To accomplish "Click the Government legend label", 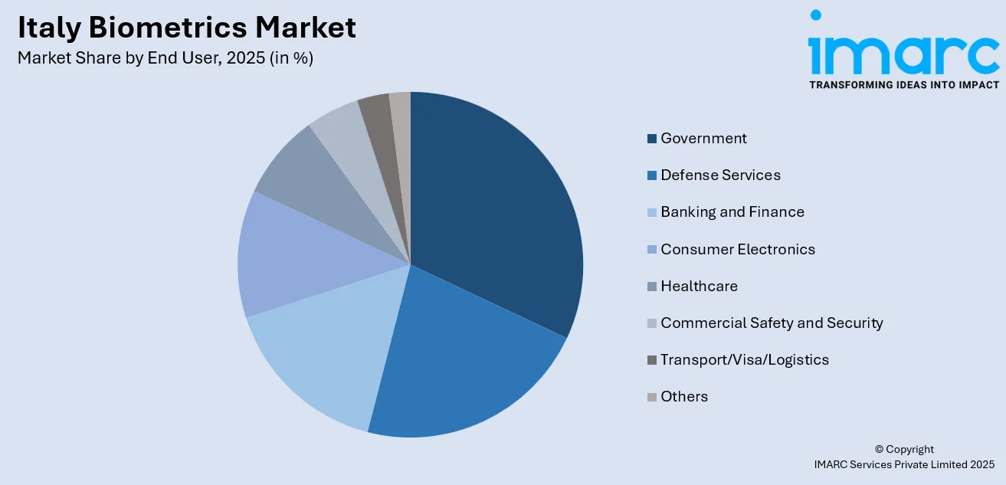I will [x=703, y=139].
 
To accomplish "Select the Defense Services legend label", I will [x=720, y=175].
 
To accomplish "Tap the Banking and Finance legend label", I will [x=732, y=212].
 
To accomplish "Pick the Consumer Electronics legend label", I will [x=737, y=249].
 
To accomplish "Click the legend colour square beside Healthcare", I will [x=652, y=287].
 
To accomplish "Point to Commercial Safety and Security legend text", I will [x=772, y=323].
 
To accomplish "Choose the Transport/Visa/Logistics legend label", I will [x=744, y=359].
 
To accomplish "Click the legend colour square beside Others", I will [x=652, y=397].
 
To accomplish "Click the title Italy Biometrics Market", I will [x=186, y=28].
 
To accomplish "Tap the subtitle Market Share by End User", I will [x=165, y=58].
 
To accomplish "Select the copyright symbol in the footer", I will [x=880, y=450].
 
